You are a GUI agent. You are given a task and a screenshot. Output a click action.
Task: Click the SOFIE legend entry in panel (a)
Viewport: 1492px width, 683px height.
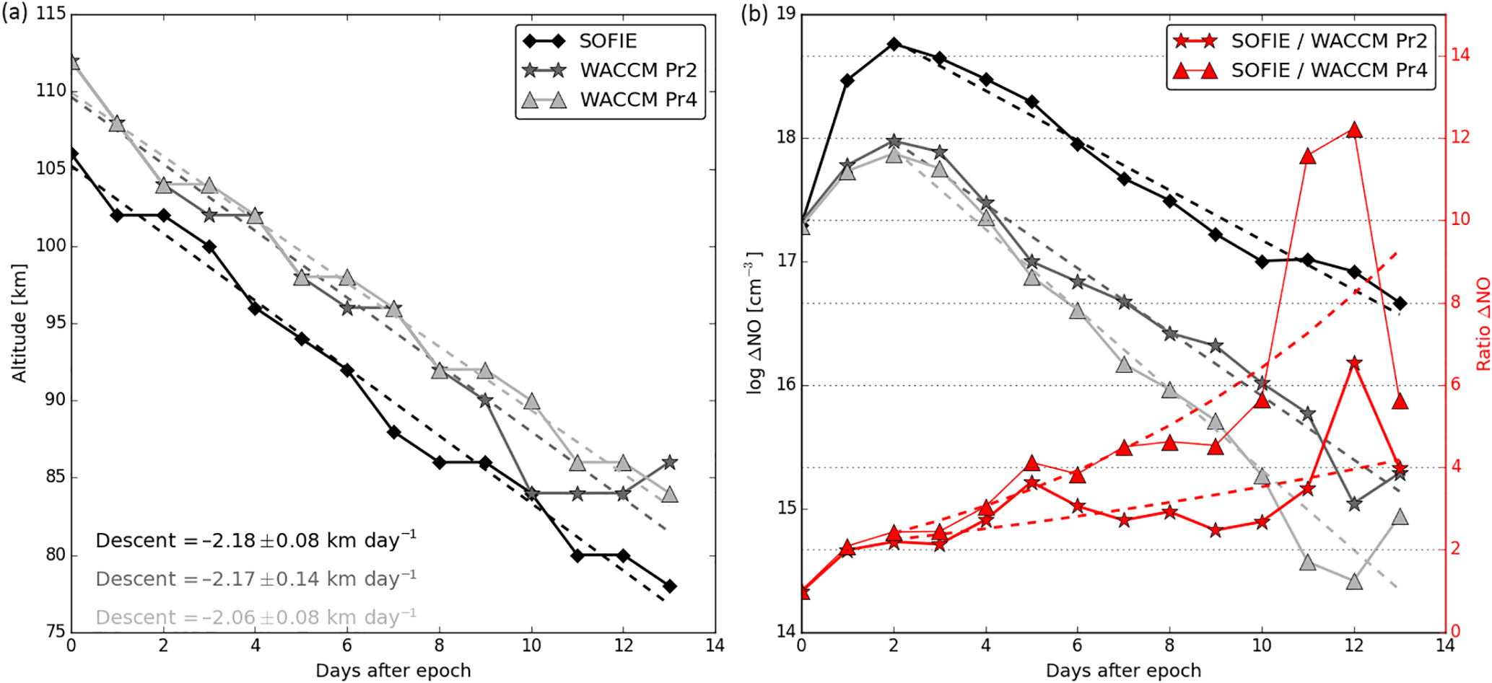(x=608, y=41)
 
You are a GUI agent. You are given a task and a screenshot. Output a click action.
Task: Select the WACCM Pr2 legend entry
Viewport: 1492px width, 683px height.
(x=638, y=70)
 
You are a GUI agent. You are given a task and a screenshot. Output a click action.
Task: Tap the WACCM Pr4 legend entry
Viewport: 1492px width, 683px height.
(x=638, y=99)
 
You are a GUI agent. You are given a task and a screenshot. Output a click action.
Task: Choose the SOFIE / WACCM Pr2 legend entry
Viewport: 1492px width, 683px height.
(x=1329, y=41)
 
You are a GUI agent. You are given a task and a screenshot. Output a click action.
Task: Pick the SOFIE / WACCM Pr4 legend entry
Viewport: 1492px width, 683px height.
(x=1329, y=70)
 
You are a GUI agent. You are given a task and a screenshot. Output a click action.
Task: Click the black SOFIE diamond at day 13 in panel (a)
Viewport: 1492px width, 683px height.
(x=670, y=586)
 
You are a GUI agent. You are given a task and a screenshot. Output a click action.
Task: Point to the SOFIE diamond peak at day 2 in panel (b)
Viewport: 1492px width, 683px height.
(x=894, y=44)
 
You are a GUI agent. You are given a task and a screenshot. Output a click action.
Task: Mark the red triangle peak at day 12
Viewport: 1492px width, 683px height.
(x=1354, y=131)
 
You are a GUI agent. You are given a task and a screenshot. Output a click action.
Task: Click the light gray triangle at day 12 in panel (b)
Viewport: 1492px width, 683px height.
(x=1354, y=581)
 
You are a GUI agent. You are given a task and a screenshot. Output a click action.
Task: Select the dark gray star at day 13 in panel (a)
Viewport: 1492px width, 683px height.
(x=670, y=462)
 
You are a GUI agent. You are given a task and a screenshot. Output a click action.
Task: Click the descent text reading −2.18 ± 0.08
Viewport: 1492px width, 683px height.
(x=256, y=540)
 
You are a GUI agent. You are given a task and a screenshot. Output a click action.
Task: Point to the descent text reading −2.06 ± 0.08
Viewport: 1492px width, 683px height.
(x=256, y=617)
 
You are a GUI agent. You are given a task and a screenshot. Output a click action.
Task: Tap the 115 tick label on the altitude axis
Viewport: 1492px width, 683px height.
(x=50, y=14)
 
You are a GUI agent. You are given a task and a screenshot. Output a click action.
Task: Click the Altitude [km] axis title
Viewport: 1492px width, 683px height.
(x=19, y=322)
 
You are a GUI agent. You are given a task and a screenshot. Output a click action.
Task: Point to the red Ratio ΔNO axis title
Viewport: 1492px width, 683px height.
(x=1483, y=324)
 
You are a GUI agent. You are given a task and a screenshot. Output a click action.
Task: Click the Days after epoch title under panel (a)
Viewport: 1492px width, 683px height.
(x=393, y=671)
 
